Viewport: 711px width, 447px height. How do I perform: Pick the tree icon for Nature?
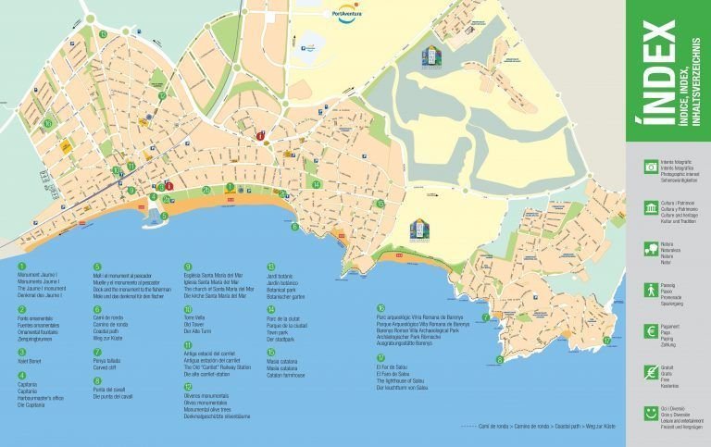(652, 248)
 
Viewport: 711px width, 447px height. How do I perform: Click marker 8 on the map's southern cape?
(500, 359)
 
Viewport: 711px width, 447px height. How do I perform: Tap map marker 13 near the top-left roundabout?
(103, 34)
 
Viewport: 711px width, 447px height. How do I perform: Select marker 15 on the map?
(380, 204)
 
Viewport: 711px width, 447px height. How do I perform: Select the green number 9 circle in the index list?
(187, 267)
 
